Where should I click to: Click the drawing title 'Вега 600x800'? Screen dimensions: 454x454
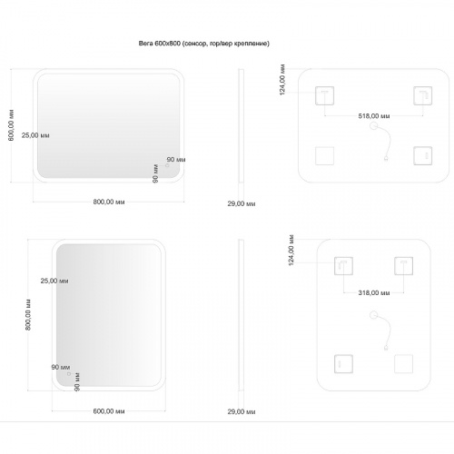160,44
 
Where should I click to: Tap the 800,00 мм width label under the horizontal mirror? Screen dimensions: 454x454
109,202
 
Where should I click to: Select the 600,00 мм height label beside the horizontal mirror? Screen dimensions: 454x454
11,125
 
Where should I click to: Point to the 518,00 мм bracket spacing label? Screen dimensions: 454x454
374,116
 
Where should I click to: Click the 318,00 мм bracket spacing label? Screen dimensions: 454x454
374,292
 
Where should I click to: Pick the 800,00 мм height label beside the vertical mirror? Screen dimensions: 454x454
28,315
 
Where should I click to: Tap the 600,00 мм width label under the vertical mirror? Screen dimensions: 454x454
109,411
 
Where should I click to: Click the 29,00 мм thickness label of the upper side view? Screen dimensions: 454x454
242,203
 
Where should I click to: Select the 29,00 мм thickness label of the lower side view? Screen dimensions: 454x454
242,411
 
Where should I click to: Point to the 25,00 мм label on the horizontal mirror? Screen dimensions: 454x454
35,135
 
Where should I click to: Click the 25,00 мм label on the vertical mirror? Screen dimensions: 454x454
54,281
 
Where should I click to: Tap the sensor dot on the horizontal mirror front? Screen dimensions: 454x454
167,165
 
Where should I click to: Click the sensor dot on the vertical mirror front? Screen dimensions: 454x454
69,374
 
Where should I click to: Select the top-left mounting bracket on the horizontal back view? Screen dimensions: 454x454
324,95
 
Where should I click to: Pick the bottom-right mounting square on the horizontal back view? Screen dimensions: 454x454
423,156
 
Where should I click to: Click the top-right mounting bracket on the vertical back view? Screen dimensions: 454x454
403,266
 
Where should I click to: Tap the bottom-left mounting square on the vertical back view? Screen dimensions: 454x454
343,364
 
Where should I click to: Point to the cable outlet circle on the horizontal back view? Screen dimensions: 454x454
374,125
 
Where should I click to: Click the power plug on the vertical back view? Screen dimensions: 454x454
386,348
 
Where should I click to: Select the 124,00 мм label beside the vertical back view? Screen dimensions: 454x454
291,251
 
